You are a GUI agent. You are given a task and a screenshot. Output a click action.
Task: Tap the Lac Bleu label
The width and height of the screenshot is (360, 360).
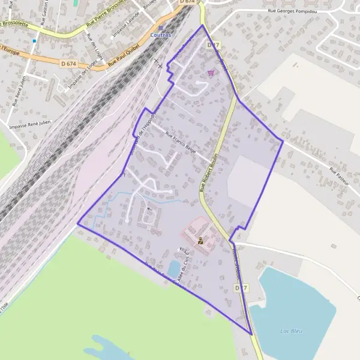(x=292, y=331)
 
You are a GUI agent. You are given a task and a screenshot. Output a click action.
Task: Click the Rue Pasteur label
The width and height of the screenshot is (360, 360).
(x=340, y=179)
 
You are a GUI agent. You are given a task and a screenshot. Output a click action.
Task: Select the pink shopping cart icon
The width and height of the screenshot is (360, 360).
(x=211, y=73)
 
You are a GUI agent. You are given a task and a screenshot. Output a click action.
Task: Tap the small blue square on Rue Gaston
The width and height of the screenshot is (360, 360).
(x=35, y=41)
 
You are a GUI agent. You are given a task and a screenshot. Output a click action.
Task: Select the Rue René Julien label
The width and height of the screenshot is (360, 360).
(x=20, y=91)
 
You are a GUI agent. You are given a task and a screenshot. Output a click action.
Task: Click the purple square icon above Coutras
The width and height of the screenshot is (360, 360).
(x=160, y=28)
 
